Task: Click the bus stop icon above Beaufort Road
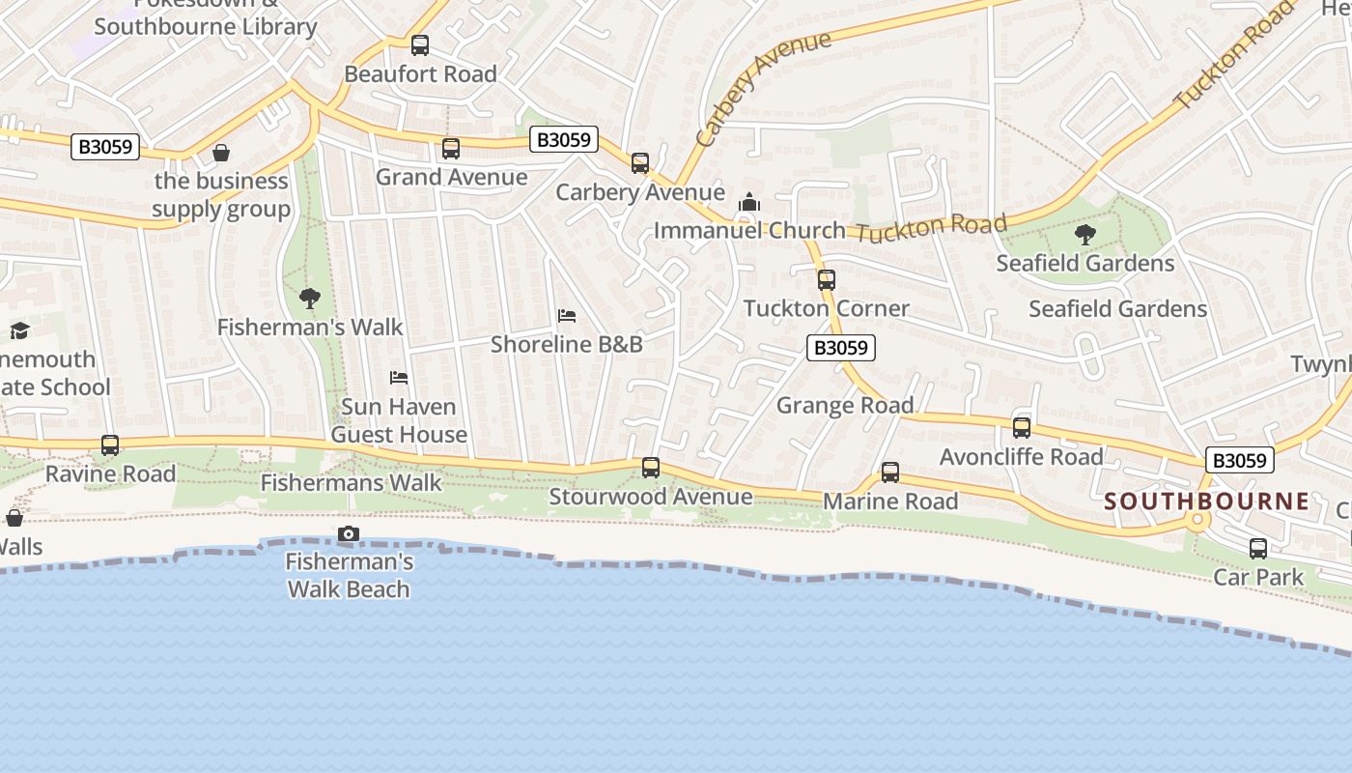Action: click(x=420, y=44)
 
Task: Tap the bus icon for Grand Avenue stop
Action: click(x=451, y=149)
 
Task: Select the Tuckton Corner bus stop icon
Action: click(x=827, y=280)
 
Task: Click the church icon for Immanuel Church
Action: click(x=749, y=203)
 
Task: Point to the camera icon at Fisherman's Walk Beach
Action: click(x=349, y=534)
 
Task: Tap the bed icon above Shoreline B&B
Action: click(x=567, y=316)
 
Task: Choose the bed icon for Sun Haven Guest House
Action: click(x=399, y=377)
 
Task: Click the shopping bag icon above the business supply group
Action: click(x=221, y=153)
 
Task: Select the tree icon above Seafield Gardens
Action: click(x=1085, y=234)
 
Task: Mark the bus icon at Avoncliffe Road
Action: click(x=1022, y=428)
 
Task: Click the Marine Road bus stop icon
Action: click(x=890, y=472)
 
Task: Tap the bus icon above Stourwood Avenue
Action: click(x=651, y=468)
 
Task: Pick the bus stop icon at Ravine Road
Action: click(x=110, y=445)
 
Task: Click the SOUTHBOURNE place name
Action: click(x=1207, y=501)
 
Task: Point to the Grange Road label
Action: click(x=845, y=405)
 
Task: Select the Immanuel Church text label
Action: click(x=749, y=231)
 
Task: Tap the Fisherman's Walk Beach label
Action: click(x=349, y=575)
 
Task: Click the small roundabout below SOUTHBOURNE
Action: click(x=1198, y=521)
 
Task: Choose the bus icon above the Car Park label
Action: click(x=1258, y=549)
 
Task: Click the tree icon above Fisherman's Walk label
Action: click(x=310, y=299)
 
